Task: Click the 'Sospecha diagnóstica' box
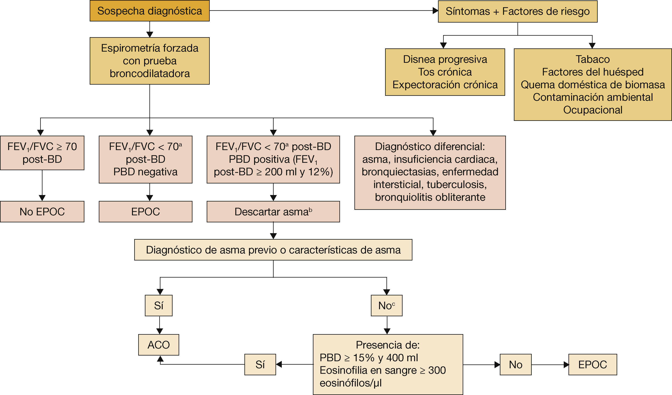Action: click(x=149, y=11)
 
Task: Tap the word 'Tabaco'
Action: click(x=593, y=59)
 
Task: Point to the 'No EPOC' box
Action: click(x=42, y=212)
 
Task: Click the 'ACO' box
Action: click(x=159, y=345)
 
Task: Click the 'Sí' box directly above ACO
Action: click(x=159, y=306)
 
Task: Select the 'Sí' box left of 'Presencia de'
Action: click(x=260, y=365)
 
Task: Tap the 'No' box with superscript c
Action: click(x=386, y=306)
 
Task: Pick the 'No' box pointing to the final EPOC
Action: click(x=515, y=365)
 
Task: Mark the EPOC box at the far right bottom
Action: click(x=593, y=365)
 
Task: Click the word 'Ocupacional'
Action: click(x=593, y=110)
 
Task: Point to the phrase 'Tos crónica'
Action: click(x=445, y=72)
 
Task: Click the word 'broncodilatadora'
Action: click(x=150, y=74)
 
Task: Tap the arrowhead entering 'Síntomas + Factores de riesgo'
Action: click(x=435, y=11)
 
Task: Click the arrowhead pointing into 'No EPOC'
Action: click(x=42, y=198)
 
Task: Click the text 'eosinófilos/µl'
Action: click(x=350, y=383)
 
